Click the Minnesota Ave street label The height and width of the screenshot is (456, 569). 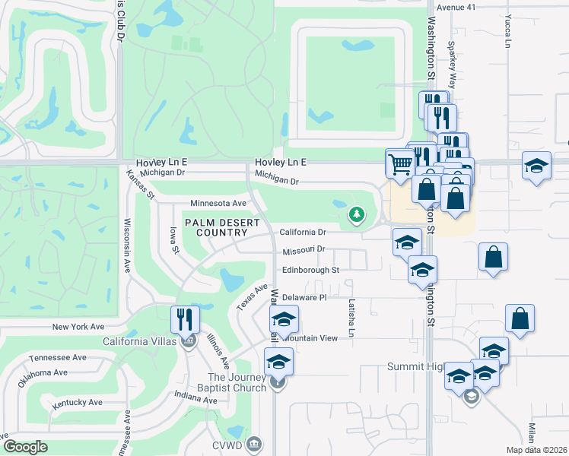[x=218, y=204]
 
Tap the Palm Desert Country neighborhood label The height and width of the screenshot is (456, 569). [x=221, y=227]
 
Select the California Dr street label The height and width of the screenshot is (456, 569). [x=303, y=232]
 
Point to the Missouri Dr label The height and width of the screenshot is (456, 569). [x=304, y=249]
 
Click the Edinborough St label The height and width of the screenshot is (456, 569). [x=310, y=270]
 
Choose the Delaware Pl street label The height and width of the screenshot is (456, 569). [x=304, y=298]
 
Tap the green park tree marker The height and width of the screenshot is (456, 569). [x=355, y=215]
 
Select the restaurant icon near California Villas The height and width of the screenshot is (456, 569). [x=184, y=318]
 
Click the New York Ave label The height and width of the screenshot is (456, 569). [x=78, y=327]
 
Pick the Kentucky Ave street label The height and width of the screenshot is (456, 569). [x=77, y=402]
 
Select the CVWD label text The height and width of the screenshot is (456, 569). [x=229, y=443]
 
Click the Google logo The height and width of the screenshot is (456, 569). [x=25, y=447]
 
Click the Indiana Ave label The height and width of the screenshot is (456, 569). [x=191, y=396]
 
